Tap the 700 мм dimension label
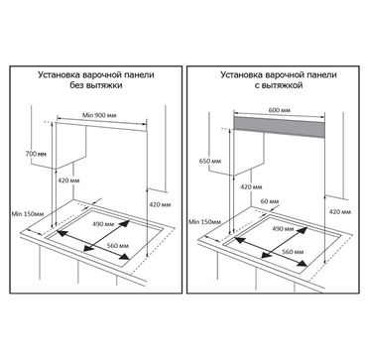(x=36, y=154)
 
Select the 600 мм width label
(x=280, y=110)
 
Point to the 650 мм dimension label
(x=210, y=161)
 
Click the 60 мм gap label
(x=270, y=201)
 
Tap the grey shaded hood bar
(x=279, y=127)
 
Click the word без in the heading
(x=75, y=85)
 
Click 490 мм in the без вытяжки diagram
(x=104, y=224)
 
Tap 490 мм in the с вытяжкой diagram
(x=284, y=229)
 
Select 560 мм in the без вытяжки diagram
(x=118, y=246)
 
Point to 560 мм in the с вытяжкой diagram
(x=293, y=252)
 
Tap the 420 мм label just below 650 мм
(x=251, y=187)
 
